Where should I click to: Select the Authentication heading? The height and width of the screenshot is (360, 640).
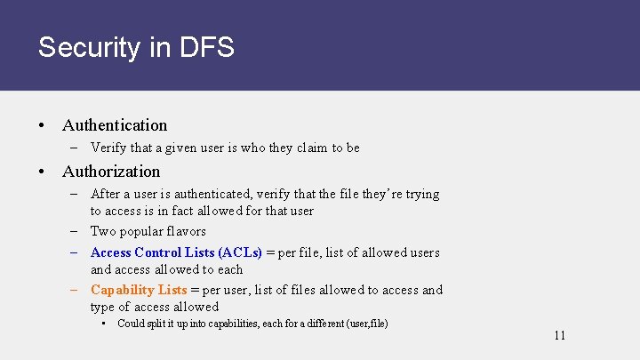[115, 125]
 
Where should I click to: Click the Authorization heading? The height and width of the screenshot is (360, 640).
[111, 172]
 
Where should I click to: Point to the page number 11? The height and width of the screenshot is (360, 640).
[559, 335]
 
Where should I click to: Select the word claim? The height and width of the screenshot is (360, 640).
[312, 148]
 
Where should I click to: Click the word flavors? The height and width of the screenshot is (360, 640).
[188, 231]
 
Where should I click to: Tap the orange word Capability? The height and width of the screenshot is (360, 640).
[123, 290]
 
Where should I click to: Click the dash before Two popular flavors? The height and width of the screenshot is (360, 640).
[77, 231]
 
